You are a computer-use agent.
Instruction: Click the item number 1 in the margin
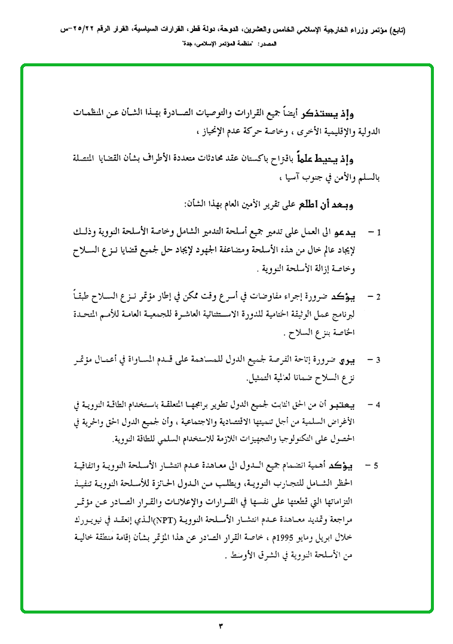pyautogui.click(x=379, y=232)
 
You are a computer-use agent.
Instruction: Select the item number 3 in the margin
pyautogui.click(x=379, y=360)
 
